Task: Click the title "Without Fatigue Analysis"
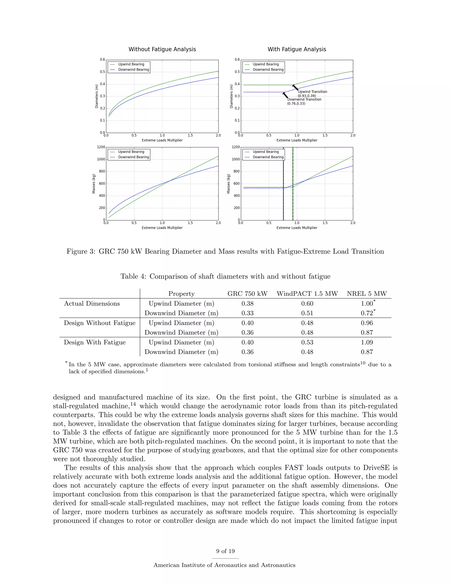(x=162, y=49)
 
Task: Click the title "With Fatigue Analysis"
(x=297, y=49)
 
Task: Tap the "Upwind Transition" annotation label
(x=312, y=92)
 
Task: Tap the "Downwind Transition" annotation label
(x=304, y=99)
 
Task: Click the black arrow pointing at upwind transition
(x=296, y=88)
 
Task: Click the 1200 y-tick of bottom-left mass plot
(x=101, y=147)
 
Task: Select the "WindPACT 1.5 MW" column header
(x=307, y=294)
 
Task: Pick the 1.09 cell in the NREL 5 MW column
(x=367, y=342)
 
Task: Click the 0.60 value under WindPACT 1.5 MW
(x=307, y=303)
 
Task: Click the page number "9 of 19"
(x=225, y=551)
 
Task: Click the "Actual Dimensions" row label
(x=92, y=303)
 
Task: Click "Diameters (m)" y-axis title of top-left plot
(x=97, y=96)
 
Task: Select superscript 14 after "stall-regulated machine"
(x=133, y=404)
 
